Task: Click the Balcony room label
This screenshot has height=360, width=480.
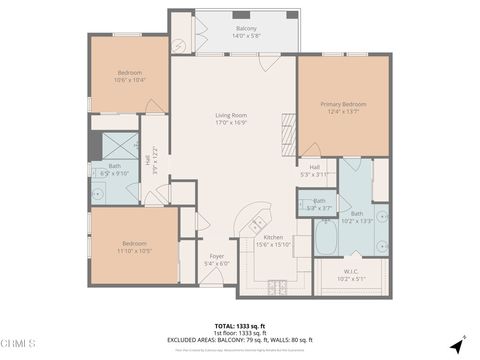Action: coord(246,28)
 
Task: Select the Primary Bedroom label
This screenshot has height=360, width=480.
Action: coord(343,104)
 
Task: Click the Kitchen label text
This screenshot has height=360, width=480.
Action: coord(273,237)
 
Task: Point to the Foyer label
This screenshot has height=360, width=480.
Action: coord(216,256)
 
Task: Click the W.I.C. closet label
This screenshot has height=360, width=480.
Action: coord(345,272)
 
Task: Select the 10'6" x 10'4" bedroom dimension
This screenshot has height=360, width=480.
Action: coord(131,80)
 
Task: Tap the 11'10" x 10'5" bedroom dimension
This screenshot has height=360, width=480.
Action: coord(134,249)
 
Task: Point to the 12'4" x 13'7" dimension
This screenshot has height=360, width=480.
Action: coord(343,112)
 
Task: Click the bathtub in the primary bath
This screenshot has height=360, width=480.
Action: coord(326,239)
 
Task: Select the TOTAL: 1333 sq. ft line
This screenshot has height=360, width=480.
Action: coord(240,325)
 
